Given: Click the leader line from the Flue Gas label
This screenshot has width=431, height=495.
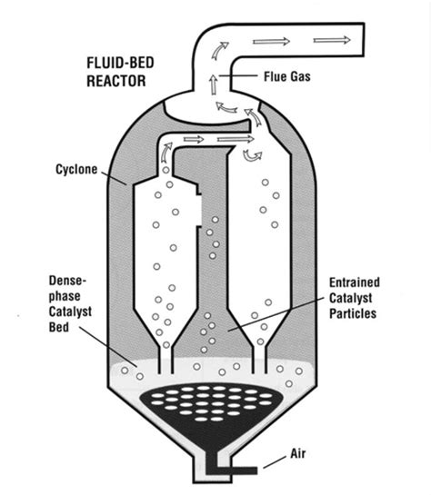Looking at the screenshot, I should pyautogui.click(x=244, y=76).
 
